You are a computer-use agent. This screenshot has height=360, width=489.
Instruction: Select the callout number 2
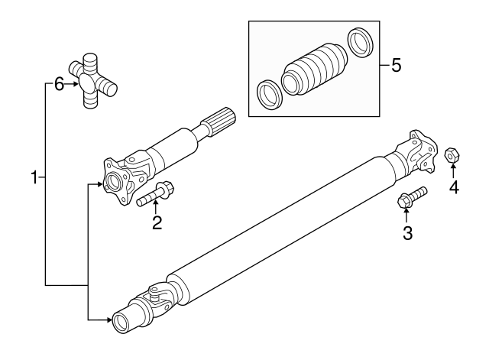click(x=157, y=222)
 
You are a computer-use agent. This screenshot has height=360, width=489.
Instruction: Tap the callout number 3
click(x=407, y=233)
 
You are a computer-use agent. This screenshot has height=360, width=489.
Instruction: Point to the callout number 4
click(x=454, y=186)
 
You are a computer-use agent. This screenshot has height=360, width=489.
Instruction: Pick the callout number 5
click(x=395, y=65)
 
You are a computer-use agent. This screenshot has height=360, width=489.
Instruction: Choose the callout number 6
click(x=59, y=84)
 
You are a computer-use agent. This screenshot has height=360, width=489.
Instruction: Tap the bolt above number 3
click(x=411, y=197)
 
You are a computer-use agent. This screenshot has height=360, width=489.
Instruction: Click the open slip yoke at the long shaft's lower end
click(x=125, y=321)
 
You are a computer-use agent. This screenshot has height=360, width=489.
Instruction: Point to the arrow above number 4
click(x=453, y=172)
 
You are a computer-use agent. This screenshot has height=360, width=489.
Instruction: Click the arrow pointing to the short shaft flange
click(x=96, y=184)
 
